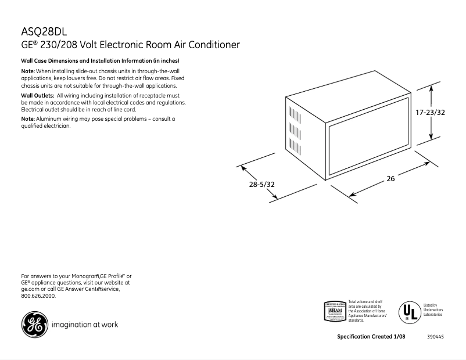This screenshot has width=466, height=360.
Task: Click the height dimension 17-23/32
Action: [x=431, y=113]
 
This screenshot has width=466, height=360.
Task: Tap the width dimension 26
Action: [x=390, y=179]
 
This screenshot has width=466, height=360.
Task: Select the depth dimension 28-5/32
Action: [x=262, y=184]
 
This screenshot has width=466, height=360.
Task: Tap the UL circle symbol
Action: [x=408, y=312]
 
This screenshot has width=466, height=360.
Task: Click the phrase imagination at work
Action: [x=85, y=325]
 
